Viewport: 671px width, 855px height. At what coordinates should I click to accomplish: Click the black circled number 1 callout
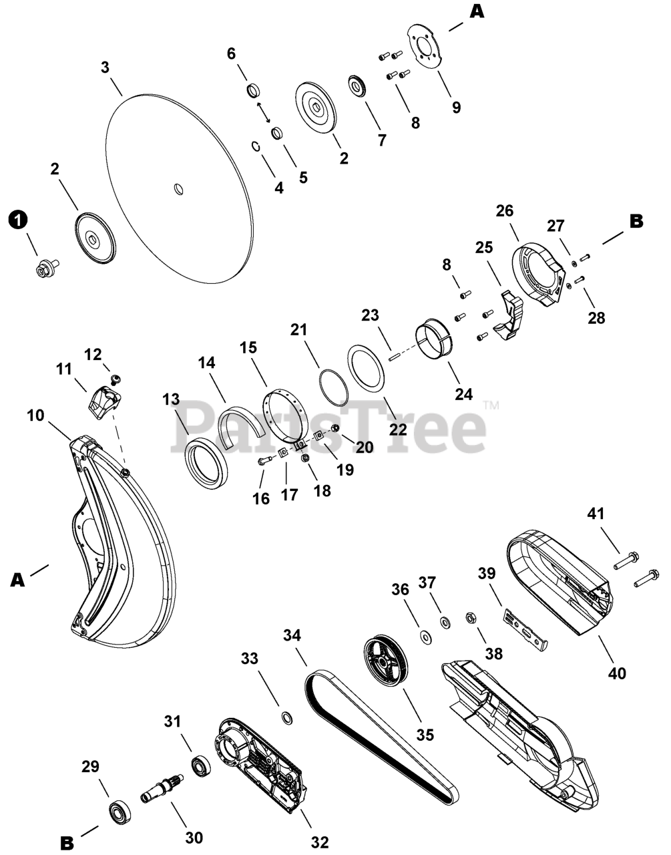pos(19,219)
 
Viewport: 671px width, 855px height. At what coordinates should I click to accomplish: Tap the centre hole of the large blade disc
pos(178,190)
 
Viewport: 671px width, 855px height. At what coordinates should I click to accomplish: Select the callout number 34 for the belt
pos(292,637)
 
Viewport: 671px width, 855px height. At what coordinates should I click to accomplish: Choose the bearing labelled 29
pos(121,814)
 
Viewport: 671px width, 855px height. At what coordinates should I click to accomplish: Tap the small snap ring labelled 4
pos(256,146)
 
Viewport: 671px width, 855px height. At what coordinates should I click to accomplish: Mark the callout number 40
pos(618,673)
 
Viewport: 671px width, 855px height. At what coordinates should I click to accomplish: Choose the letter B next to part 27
pos(636,221)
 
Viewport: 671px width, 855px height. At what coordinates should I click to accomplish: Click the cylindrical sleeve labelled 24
pos(434,338)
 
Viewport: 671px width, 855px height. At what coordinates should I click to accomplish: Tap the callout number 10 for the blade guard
pos(35,415)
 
